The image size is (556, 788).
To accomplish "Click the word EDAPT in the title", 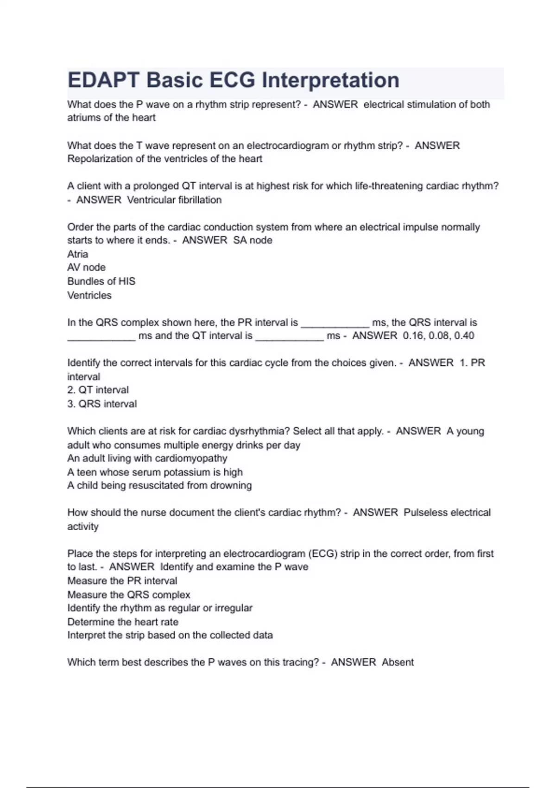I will (x=103, y=80).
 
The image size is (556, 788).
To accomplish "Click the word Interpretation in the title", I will (x=330, y=80).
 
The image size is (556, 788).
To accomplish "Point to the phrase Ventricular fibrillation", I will (x=174, y=200).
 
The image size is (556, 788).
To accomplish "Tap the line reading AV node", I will (x=86, y=267).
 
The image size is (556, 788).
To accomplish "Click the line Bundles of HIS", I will (x=101, y=281).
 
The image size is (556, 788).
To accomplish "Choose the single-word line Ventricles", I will (x=89, y=295).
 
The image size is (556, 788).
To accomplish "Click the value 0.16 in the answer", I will (x=414, y=336).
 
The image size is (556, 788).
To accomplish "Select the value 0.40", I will (x=464, y=336).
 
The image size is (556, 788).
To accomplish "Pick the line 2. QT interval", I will (x=98, y=390).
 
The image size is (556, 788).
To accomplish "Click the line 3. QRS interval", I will (x=102, y=404).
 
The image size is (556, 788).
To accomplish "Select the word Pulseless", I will (x=425, y=513).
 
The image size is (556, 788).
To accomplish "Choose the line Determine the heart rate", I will (x=123, y=622).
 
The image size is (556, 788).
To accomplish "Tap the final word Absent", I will (x=398, y=662).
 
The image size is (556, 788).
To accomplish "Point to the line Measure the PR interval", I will (x=122, y=581).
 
